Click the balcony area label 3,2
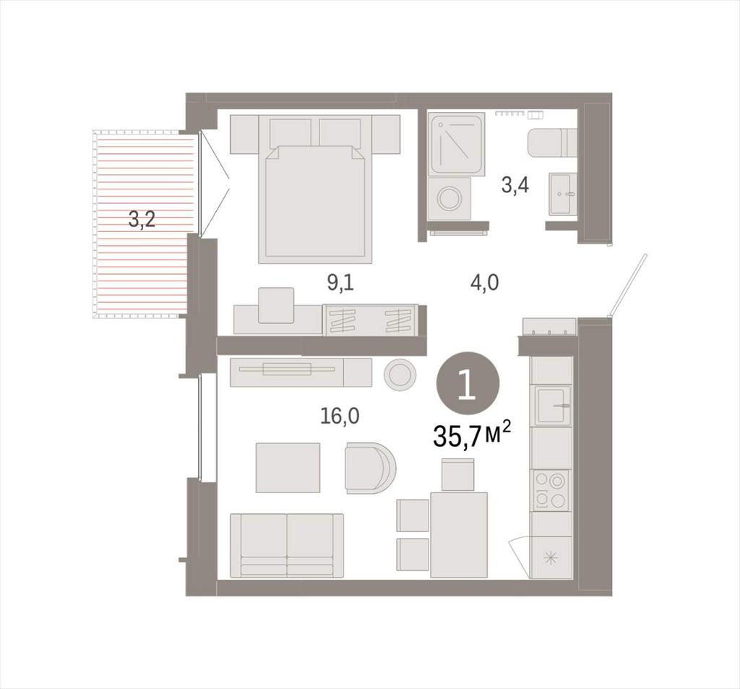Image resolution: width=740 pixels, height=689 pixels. [142, 220]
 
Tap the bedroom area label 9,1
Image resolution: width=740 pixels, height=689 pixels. [340, 283]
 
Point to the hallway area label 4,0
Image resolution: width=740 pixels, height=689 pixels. [485, 283]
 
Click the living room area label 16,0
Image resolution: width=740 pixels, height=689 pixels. [340, 416]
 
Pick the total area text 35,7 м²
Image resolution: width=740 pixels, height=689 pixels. [471, 435]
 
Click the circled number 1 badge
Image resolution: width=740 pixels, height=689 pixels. [468, 383]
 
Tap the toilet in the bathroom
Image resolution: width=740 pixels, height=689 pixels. [551, 142]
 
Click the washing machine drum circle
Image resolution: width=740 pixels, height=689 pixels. [449, 198]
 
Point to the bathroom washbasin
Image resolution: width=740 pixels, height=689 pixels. [562, 194]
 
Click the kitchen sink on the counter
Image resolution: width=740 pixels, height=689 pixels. [552, 406]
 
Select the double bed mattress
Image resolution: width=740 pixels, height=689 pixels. [315, 204]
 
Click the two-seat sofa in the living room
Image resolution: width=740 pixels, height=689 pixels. [287, 545]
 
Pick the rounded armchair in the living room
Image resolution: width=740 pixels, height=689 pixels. [370, 467]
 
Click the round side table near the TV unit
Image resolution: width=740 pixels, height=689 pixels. [400, 375]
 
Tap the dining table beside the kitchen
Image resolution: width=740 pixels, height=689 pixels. [459, 534]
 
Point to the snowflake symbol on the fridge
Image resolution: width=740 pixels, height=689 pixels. [550, 558]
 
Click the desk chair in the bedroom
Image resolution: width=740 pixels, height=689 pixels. [276, 305]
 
